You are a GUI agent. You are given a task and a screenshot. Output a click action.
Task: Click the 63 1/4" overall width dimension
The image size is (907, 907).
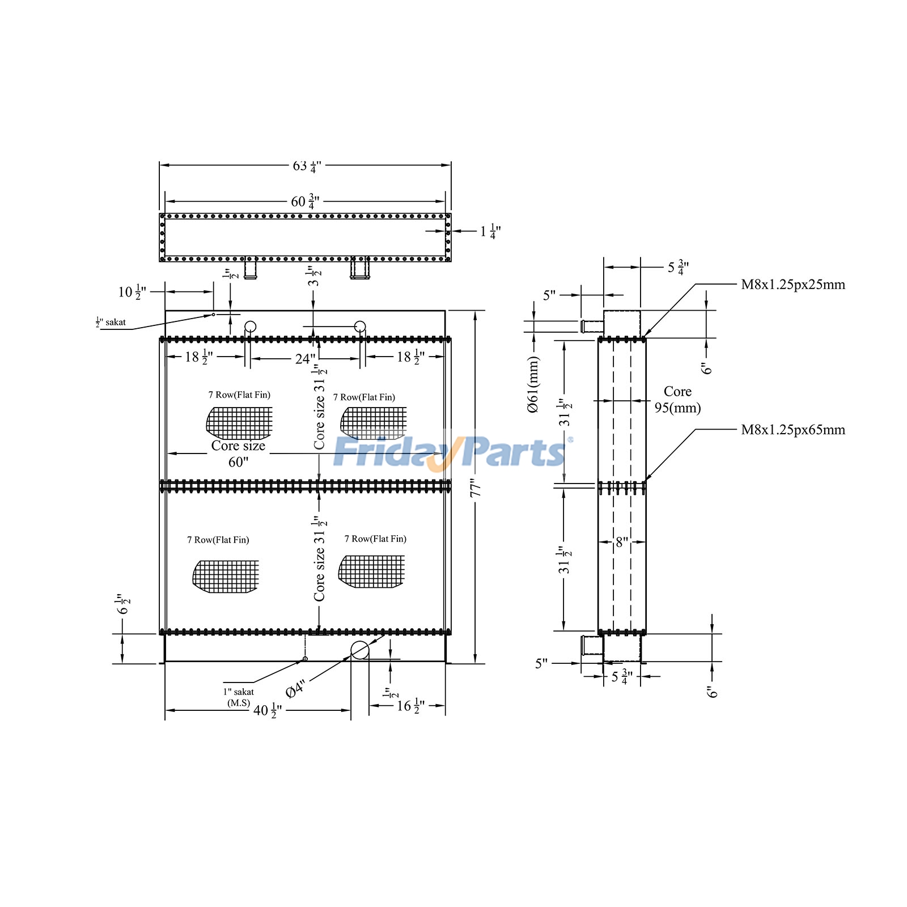[x=306, y=166]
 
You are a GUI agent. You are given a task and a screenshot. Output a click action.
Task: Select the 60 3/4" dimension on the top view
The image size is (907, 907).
[x=305, y=201]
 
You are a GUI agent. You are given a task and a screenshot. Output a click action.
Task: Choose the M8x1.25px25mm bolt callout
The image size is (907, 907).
[x=792, y=285]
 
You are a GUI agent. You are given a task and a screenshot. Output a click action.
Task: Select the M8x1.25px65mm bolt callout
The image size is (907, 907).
[x=792, y=430]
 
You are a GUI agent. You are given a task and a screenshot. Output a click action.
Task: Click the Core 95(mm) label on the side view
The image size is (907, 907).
[x=677, y=400]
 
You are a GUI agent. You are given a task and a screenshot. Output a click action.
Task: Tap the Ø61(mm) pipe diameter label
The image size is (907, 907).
[x=533, y=384]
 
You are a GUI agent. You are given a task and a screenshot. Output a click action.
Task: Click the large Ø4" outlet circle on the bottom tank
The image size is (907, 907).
[x=360, y=650]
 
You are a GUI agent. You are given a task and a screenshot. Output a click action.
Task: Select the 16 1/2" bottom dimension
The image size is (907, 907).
[x=410, y=706]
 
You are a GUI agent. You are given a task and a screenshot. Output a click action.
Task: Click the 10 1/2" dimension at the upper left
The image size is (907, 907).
[x=132, y=292]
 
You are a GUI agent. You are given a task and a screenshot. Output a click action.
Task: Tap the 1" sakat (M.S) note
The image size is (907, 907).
[x=239, y=697]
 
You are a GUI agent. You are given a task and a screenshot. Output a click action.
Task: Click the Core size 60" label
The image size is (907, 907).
[x=238, y=453]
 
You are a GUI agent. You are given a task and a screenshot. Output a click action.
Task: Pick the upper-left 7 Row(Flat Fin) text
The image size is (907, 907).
[x=239, y=395]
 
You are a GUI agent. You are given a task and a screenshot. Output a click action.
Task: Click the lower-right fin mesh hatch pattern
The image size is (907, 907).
[x=372, y=571]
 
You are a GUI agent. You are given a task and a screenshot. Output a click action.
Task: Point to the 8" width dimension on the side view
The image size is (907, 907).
[x=622, y=542]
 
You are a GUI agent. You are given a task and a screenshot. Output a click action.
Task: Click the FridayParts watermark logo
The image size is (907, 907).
[x=451, y=452]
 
